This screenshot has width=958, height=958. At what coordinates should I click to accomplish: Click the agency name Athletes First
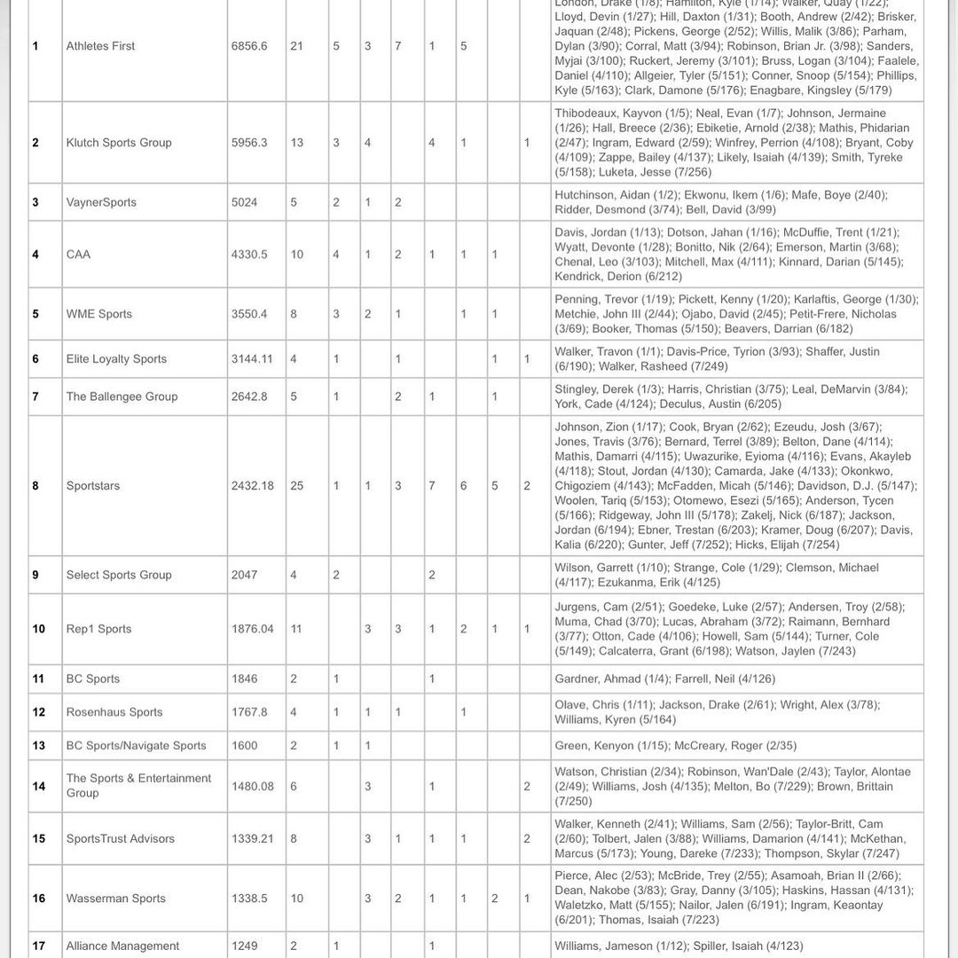tap(100, 46)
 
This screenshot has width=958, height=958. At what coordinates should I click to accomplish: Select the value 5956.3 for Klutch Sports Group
tap(249, 143)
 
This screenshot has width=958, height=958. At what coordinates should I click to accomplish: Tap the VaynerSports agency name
tap(101, 202)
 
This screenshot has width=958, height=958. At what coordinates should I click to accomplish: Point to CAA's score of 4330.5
tap(249, 255)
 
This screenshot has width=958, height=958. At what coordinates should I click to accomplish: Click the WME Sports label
tap(98, 314)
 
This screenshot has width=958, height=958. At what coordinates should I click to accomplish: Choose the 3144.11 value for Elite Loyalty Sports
tap(252, 359)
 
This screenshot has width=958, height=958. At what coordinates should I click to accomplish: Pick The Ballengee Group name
tap(122, 397)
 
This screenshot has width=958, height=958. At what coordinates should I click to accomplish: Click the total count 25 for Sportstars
tap(297, 486)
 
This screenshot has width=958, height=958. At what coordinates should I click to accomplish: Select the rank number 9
tap(35, 575)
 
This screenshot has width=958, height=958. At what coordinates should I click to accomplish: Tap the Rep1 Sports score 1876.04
tap(252, 629)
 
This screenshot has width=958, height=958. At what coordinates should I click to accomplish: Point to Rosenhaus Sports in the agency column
tap(114, 712)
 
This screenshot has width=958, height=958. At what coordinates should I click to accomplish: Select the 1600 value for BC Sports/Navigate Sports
tap(244, 746)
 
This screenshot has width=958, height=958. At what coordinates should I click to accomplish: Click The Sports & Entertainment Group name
tap(138, 785)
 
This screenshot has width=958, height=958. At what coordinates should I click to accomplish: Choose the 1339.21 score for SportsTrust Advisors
tap(252, 839)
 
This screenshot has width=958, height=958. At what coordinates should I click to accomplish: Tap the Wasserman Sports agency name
tap(115, 899)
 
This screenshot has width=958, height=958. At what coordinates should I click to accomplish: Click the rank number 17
tap(38, 946)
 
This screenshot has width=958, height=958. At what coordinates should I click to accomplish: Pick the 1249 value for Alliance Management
tap(244, 946)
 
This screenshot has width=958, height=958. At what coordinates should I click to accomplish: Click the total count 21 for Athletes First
tap(297, 46)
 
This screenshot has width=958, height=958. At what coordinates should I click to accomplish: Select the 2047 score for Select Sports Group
tap(244, 575)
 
